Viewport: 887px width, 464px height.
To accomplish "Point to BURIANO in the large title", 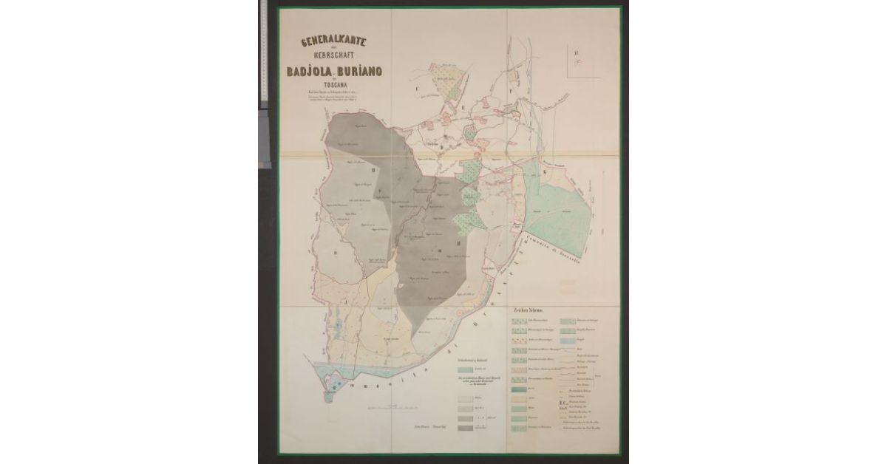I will pyautogui.click(x=364, y=71).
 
